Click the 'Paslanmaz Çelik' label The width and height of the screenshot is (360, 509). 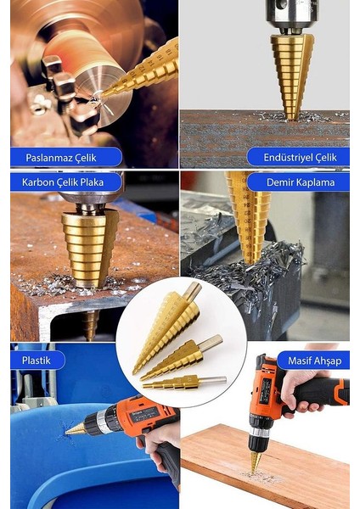click(61, 158)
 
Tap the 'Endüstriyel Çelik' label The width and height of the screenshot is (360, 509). click(301, 158)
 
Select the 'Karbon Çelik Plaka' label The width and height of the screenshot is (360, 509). click(63, 182)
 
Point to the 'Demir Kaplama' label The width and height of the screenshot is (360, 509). click(301, 182)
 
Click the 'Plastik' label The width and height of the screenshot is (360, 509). click(37, 361)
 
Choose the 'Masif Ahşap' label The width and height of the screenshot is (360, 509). click(314, 361)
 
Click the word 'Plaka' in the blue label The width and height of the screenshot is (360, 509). click(92, 182)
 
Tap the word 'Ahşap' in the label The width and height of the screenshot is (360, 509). click(327, 361)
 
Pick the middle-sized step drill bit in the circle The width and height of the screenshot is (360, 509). click(182, 357)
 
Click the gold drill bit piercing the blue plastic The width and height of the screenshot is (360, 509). click(76, 429)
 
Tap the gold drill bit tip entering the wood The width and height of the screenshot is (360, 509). click(255, 461)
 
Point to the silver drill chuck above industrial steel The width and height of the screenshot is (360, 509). click(291, 16)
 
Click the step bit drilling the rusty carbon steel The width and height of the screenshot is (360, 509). click(90, 248)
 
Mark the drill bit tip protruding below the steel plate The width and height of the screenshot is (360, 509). click(90, 325)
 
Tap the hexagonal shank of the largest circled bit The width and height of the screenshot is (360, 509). click(192, 291)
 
